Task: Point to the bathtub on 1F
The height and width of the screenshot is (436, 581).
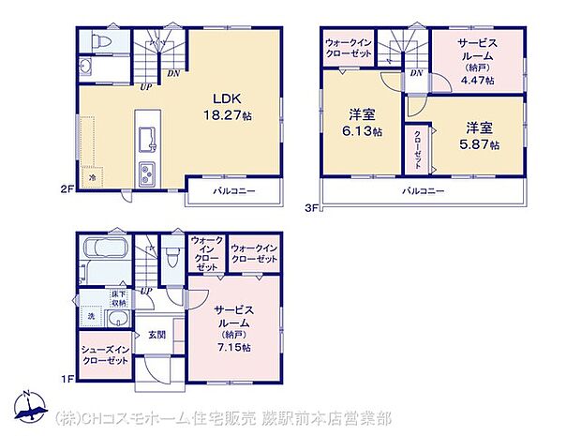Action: coord(107,250)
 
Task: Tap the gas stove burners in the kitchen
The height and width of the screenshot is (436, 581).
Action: coord(150,173)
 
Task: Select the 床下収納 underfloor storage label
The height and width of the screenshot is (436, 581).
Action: coord(119,300)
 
